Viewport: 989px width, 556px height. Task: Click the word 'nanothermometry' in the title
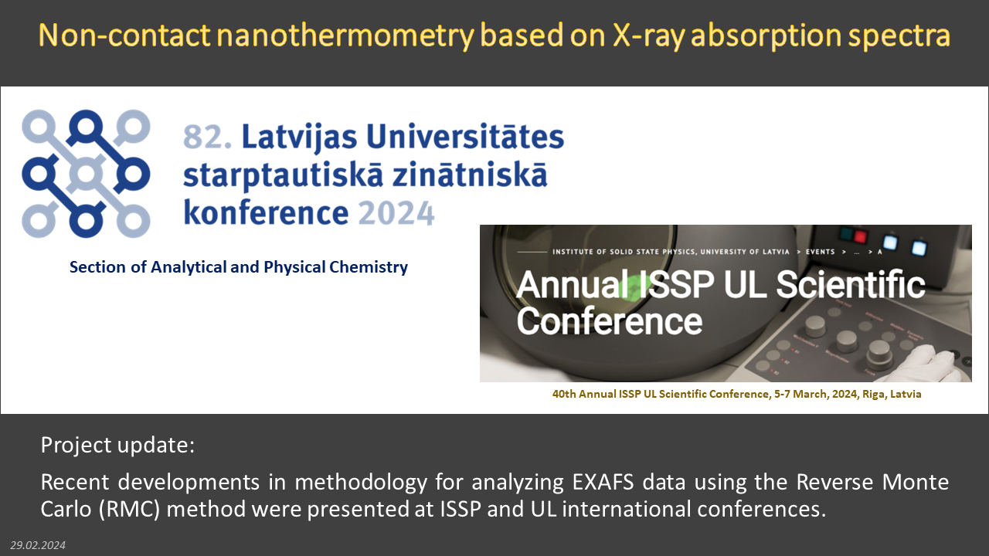point(345,36)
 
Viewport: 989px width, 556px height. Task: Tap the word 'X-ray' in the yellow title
point(648,36)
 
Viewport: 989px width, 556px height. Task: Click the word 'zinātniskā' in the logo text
point(470,175)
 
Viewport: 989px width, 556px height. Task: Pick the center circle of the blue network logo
point(86,174)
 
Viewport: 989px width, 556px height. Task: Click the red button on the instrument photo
point(860,236)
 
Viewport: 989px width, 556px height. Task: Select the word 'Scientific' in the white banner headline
point(850,285)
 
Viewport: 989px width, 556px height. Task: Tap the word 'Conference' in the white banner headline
point(610,320)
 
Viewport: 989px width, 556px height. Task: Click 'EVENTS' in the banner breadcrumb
point(821,252)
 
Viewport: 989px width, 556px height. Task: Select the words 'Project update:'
point(117,445)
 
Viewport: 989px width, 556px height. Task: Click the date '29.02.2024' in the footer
point(38,545)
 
